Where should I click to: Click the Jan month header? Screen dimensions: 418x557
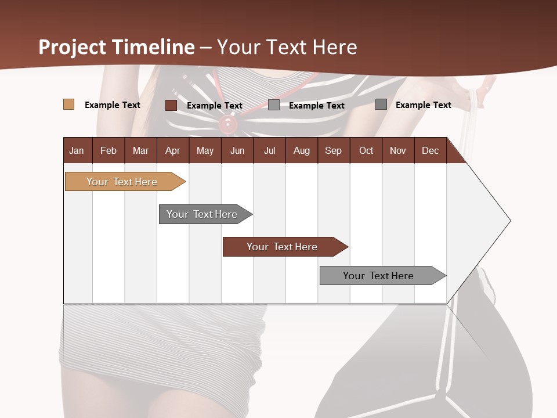tap(77, 150)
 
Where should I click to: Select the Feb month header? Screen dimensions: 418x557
tap(108, 150)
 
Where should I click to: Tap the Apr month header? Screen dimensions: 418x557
tap(172, 150)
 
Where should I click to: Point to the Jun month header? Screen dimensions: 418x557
tap(237, 150)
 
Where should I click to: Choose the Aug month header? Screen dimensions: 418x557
tap(301, 150)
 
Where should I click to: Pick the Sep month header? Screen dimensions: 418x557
tap(333, 150)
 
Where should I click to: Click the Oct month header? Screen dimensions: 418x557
tap(366, 150)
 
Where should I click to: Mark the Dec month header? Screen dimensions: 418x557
tap(430, 150)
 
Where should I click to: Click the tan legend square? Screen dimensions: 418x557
tap(69, 105)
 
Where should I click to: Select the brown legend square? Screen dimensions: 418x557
tap(171, 105)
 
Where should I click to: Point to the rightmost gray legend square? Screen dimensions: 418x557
tap(381, 105)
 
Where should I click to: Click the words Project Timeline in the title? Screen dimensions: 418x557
tap(117, 47)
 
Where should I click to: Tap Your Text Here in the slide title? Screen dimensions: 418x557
tap(287, 47)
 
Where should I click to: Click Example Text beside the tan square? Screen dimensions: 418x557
tap(113, 105)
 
